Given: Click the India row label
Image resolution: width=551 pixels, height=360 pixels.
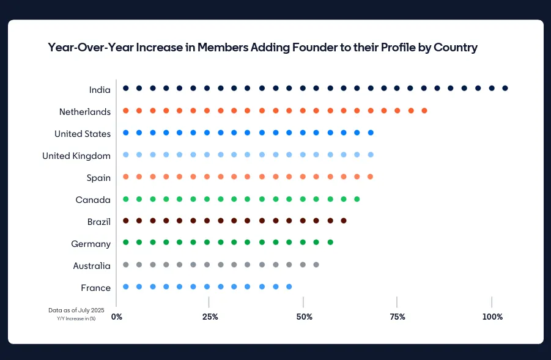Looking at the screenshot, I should coord(100,90).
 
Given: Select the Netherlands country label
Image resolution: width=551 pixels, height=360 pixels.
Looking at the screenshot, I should coord(85,112).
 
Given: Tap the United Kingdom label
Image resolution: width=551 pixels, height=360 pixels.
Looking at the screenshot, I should coord(76,156).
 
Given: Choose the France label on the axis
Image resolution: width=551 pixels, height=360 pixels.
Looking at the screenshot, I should coord(96,288).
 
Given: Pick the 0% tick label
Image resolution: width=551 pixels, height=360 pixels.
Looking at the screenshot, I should coord(116,317).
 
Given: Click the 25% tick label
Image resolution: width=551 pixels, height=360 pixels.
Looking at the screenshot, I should coord(210,317).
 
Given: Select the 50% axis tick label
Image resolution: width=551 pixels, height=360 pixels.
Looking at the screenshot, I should coord(304,317).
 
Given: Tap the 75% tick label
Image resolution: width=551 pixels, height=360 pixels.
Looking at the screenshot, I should coord(398,317).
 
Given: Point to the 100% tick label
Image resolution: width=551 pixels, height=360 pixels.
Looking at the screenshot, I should coord(492,317).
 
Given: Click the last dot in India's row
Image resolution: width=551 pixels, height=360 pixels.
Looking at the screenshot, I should coord(505,88).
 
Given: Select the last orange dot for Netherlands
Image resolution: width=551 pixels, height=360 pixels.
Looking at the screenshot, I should coord(424,111).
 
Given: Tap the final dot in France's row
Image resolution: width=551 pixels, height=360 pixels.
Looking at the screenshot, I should coord(289,286).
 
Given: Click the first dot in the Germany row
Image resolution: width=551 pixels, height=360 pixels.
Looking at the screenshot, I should coord(125,242).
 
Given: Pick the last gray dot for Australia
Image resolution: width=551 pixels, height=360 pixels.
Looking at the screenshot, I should coord(316,265).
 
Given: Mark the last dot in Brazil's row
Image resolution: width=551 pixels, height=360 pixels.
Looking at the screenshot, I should coord(344,220).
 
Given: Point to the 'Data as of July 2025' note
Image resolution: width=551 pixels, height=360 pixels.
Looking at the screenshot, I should coord(76,310).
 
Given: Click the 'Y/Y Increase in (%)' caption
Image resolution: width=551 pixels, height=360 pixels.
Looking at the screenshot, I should coord(76,318).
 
